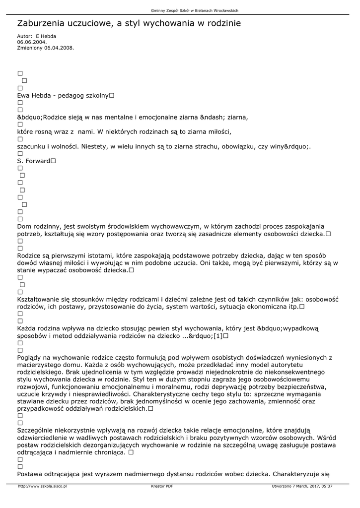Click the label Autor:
click(x=25, y=36)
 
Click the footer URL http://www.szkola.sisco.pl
click(x=42, y=486)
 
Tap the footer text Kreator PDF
click(x=162, y=486)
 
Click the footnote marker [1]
click(x=217, y=336)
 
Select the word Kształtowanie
click(x=40, y=299)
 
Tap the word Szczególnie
click(x=36, y=430)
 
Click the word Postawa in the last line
click(x=30, y=474)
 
